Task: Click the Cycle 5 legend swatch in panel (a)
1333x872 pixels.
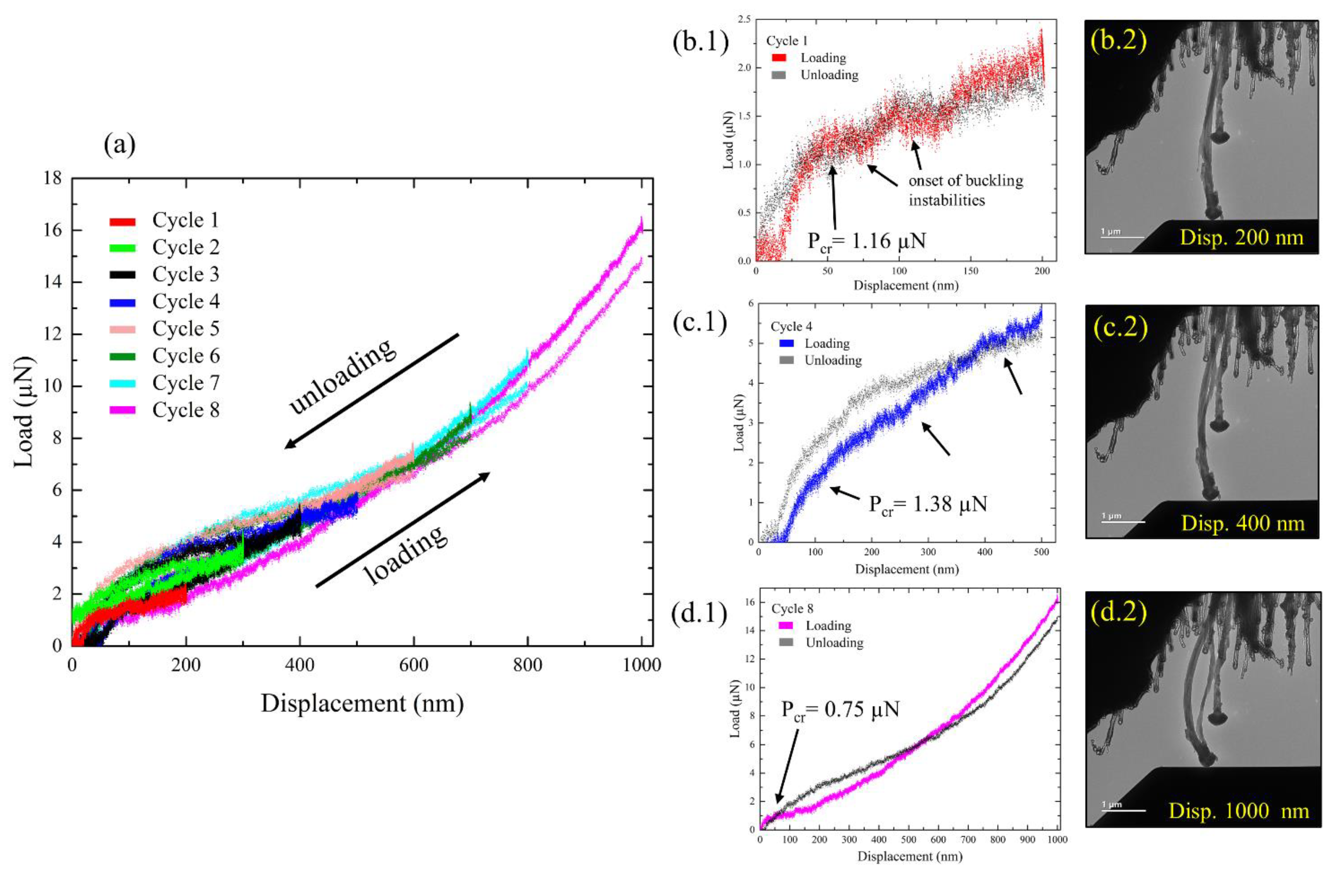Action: [x=122, y=329]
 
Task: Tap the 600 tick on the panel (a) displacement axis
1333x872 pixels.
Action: [x=413, y=666]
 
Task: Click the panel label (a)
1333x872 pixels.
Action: [x=119, y=145]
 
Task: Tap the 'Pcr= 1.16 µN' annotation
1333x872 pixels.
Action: [x=866, y=242]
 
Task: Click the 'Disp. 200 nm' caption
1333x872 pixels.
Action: [x=1242, y=237]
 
